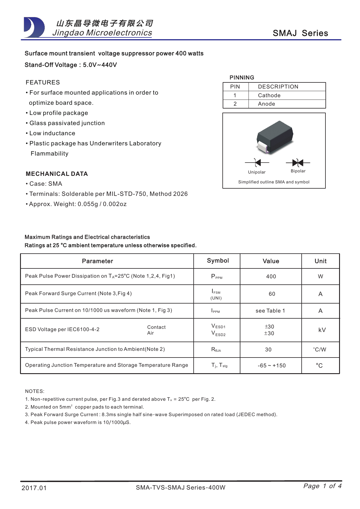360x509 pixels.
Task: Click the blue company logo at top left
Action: [x=34, y=28]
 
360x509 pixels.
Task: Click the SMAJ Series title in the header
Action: [x=300, y=33]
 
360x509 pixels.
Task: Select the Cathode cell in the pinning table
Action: [x=269, y=95]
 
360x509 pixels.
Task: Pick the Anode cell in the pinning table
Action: [x=267, y=104]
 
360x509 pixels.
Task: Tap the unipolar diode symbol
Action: [x=257, y=163]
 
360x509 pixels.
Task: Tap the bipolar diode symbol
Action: [x=298, y=163]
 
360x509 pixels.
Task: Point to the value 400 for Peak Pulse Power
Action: [x=271, y=277]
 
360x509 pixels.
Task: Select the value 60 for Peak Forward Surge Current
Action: [x=272, y=294]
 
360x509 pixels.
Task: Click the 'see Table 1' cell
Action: [x=270, y=311]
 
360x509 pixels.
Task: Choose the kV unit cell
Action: [x=322, y=330]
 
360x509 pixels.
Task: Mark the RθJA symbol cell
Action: [x=216, y=350]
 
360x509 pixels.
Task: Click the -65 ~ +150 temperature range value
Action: [x=271, y=366]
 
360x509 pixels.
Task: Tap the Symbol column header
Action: [x=218, y=261]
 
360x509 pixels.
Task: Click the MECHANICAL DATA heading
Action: [x=57, y=174]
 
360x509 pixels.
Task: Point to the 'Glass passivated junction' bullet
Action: [x=67, y=123]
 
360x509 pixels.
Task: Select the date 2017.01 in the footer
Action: [x=34, y=488]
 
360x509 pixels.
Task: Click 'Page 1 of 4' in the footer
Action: [x=322, y=486]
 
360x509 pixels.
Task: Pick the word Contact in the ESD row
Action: [x=156, y=327]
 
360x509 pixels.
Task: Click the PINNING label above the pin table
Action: [x=242, y=77]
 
